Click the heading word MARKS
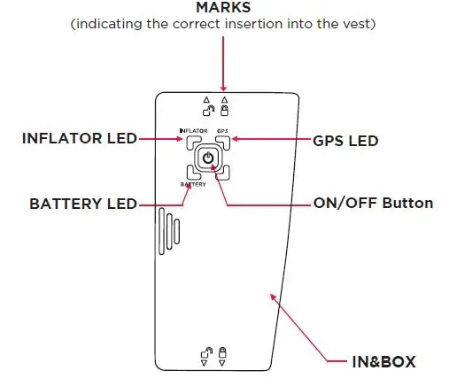click(223, 8)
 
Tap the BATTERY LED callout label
click(82, 204)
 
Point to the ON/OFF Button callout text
click(373, 204)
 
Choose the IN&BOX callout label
click(383, 361)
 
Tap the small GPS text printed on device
click(222, 131)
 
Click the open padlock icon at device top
click(208, 112)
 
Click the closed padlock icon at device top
click(224, 112)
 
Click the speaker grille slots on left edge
click(164, 230)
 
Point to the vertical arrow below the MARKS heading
click(223, 62)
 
